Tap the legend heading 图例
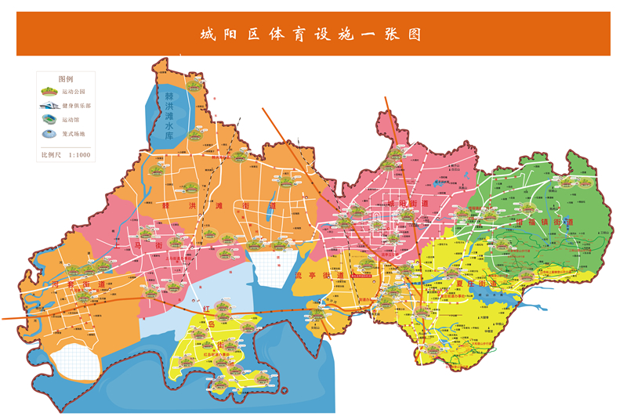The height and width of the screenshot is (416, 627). click(x=66, y=80)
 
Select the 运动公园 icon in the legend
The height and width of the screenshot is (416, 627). click(x=49, y=92)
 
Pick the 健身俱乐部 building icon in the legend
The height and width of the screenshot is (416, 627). click(x=49, y=105)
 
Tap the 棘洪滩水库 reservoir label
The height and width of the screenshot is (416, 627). click(x=169, y=116)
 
